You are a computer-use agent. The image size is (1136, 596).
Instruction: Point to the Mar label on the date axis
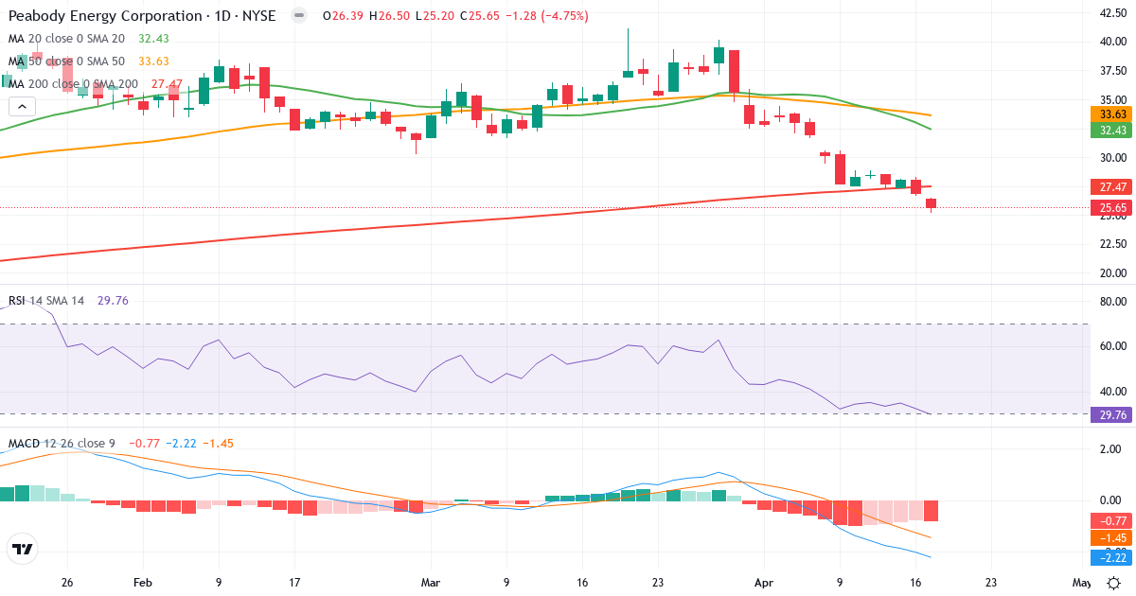pos(431,583)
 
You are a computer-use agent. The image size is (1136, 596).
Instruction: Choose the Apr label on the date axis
pos(765,583)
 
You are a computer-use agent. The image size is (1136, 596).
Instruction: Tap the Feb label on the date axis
pos(142,583)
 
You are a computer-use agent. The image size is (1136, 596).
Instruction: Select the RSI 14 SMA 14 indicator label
pos(46,301)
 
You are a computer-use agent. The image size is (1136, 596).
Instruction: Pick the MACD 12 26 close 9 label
pos(62,443)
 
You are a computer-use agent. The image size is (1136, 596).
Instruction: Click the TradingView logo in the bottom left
pos(22,549)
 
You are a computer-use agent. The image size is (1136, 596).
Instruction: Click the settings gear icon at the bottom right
pos(1115,583)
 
